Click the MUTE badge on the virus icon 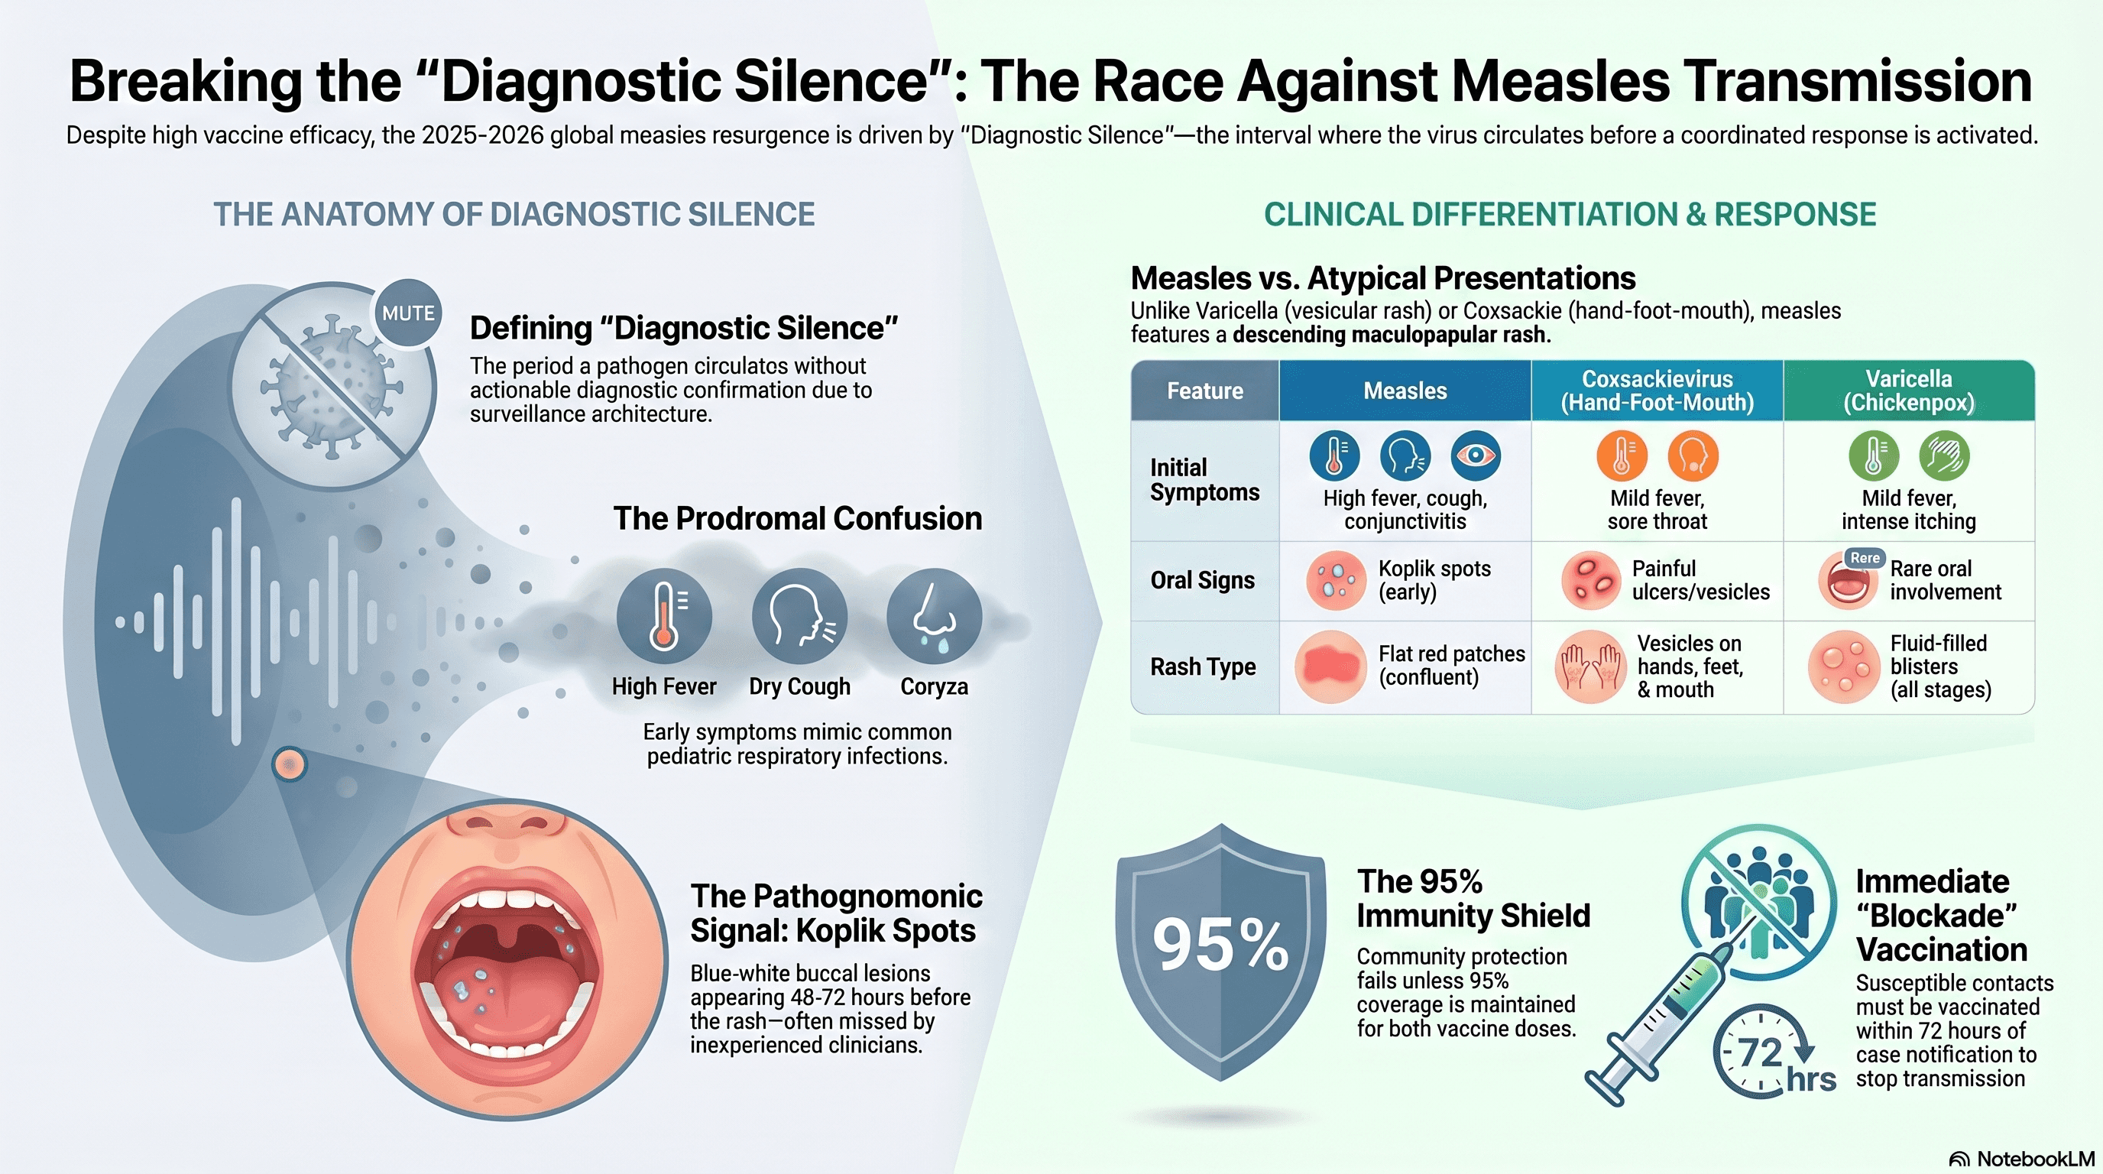pos(407,313)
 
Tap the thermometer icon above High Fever pos(664,616)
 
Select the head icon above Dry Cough pos(799,616)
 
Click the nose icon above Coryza pos(934,616)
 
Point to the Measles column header pos(1405,391)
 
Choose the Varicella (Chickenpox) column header pos(1909,391)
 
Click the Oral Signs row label pos(1202,580)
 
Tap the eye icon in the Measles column pos(1475,456)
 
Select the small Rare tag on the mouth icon pos(1865,559)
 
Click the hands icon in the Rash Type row pos(1589,666)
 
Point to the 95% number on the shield pos(1220,945)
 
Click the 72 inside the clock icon pos(1759,1053)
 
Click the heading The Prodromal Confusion pos(798,518)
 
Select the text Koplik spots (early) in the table pos(1434,579)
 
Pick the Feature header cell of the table pos(1205,391)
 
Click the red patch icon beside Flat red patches pos(1330,666)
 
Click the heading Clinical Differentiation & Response pos(1570,215)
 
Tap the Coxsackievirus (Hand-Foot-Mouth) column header pos(1657,391)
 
